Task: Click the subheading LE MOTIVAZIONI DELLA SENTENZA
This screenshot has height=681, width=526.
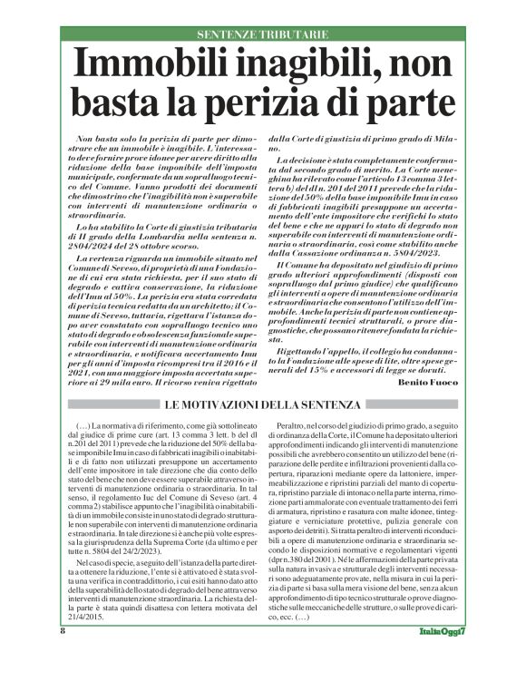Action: [263, 404]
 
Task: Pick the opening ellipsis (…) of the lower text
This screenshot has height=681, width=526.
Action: [81, 425]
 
